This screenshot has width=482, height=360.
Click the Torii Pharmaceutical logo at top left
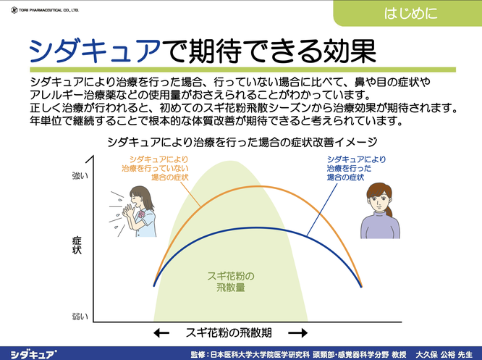point(45,10)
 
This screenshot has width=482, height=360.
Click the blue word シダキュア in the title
point(95,51)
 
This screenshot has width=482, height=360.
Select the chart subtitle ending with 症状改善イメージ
point(242,142)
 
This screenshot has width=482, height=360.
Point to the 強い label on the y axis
point(80,176)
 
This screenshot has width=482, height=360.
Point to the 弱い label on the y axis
point(80,317)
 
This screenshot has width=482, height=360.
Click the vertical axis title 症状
point(77,246)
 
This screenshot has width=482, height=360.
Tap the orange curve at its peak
point(258,186)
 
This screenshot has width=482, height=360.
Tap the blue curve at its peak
point(252,228)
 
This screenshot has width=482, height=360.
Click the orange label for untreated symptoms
point(155,168)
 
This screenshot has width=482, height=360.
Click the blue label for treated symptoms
point(356,168)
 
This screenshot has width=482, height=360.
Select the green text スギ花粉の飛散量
point(231,282)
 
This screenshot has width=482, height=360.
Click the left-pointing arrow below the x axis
point(161,333)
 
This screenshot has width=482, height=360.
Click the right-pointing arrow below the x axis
point(297,333)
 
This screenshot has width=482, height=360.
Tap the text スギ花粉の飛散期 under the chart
point(229,333)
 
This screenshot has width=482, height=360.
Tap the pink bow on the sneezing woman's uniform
point(142,214)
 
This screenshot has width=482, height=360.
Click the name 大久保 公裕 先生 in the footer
point(444,354)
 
